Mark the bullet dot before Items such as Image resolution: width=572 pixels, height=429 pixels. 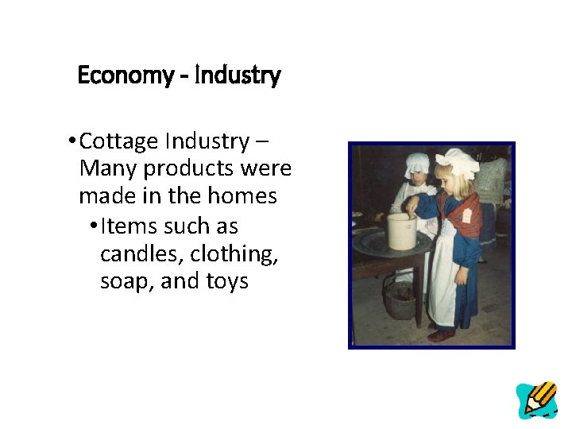click(94, 226)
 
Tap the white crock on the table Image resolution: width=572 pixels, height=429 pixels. click(403, 231)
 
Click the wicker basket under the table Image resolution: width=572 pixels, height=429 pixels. click(400, 297)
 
